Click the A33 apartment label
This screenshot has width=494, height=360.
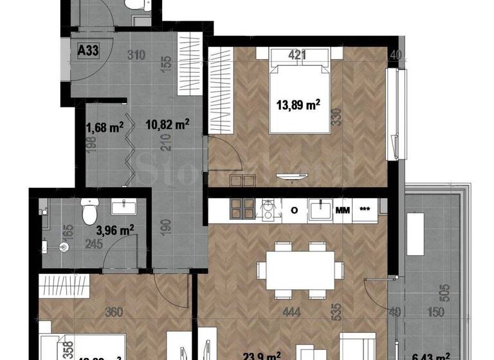coord(87,51)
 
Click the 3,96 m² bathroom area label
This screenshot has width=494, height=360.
coord(114,228)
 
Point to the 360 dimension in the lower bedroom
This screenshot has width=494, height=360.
coord(113,314)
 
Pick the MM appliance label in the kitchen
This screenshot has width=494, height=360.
coord(342,210)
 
